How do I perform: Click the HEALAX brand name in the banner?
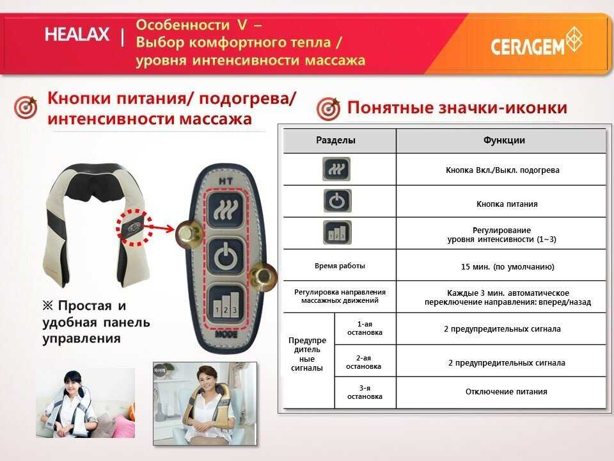pos(77,35)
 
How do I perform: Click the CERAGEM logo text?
pos(528,46)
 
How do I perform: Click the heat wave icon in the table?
pos(336,170)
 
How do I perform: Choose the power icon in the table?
pos(336,201)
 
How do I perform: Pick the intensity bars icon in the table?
pos(336,232)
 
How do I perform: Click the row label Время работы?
pos(339,265)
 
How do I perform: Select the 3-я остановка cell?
pos(365,392)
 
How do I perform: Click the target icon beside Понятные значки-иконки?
pos(328,109)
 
